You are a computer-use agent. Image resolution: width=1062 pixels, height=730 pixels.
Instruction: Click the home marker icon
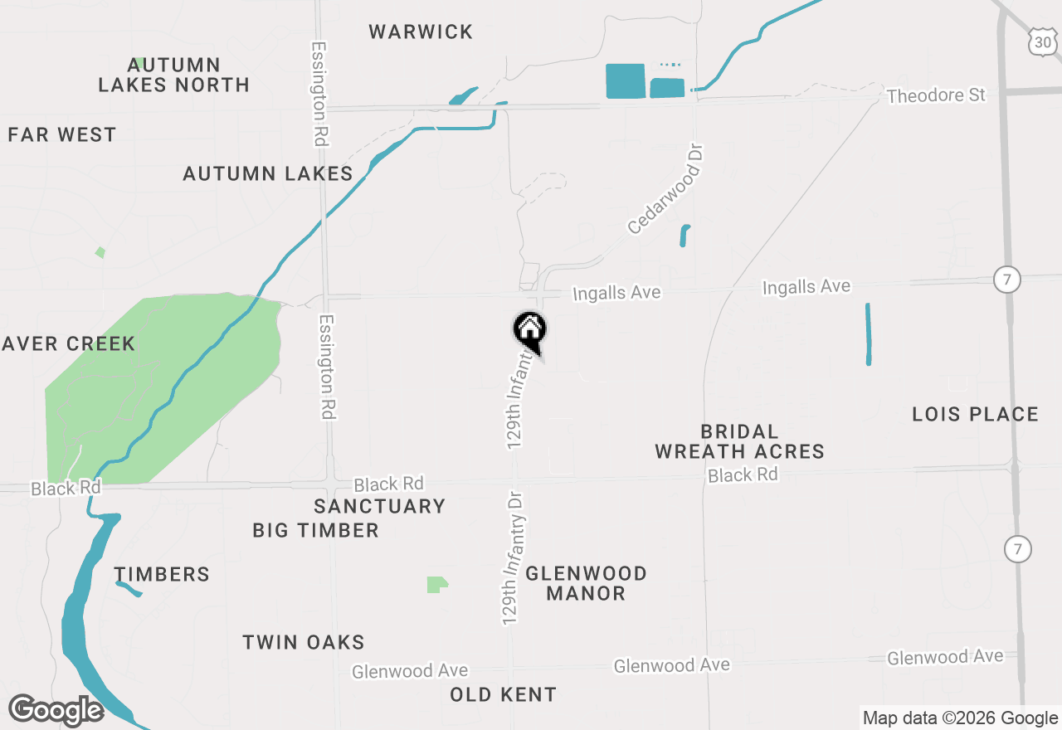[529, 329]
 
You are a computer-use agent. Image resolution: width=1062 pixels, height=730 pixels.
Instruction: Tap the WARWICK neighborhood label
[421, 32]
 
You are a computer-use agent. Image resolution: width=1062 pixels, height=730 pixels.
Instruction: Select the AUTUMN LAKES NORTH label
[173, 75]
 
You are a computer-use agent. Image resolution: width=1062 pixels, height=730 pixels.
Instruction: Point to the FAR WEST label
[62, 134]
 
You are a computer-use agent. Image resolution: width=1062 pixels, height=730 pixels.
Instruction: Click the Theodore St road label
[936, 95]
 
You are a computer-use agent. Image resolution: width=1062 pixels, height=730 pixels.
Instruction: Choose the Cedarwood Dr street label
[665, 189]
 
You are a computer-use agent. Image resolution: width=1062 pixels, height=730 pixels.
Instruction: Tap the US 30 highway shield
[1042, 40]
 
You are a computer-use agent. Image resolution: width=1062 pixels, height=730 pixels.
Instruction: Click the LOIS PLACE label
[975, 414]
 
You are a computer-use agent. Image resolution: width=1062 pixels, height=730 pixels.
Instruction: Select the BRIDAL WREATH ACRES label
[739, 441]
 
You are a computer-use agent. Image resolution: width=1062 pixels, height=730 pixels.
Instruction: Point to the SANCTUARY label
[379, 506]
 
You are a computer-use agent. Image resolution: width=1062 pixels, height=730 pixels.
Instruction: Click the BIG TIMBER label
[315, 530]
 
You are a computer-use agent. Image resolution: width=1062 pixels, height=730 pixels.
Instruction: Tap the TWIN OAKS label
[303, 642]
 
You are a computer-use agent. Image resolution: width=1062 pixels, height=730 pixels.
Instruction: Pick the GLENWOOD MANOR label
[586, 583]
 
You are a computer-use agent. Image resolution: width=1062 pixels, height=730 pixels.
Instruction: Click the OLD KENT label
[503, 694]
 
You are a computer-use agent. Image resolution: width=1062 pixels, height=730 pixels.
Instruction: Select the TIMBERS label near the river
[162, 574]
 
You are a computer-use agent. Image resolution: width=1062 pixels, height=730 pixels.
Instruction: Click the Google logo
[56, 710]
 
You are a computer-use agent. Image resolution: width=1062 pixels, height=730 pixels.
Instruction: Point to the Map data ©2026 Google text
[960, 718]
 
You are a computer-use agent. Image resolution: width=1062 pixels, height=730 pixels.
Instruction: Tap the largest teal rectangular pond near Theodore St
[626, 81]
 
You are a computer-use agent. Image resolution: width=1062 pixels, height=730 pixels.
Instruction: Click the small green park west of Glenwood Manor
[436, 585]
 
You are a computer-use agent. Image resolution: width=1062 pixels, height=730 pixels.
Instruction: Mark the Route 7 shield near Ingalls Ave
[1006, 280]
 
